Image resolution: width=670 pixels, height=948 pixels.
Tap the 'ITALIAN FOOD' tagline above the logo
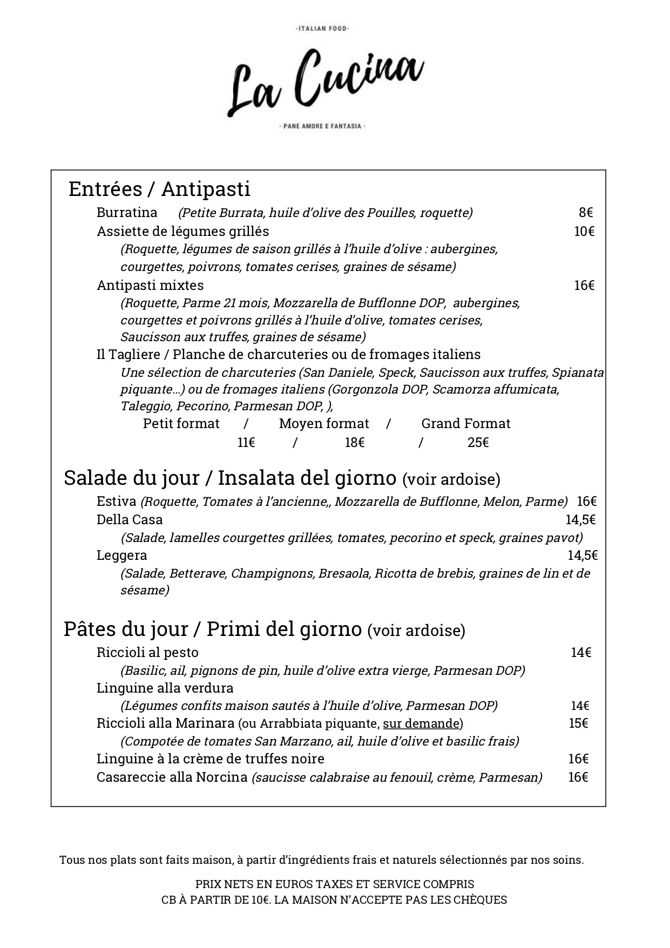pos(323,29)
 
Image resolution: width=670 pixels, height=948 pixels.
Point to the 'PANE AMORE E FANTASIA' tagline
pos(323,126)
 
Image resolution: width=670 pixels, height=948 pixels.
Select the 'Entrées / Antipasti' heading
pos(159,189)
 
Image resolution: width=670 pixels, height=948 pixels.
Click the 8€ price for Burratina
pos(586,213)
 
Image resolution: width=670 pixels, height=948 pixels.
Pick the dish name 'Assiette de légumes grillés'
pos(182,231)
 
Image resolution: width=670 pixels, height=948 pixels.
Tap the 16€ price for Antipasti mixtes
pos(584,285)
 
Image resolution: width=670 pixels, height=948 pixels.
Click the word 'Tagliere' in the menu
pos(137,355)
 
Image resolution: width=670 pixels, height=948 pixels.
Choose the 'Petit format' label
pos(181,423)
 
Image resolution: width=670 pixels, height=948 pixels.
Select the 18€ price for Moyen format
pos(355,443)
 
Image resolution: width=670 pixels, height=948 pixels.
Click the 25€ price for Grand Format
pos(478,443)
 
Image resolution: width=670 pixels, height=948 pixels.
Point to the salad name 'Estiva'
pos(116,502)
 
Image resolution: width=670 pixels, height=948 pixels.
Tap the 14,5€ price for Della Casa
pos(580,520)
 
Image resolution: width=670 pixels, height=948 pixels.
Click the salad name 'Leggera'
pos(121,556)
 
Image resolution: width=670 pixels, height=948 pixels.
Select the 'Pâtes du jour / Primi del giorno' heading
pos(212,629)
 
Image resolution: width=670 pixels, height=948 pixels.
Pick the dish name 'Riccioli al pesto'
pos(147,653)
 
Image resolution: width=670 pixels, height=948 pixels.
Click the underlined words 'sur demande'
pos(421,723)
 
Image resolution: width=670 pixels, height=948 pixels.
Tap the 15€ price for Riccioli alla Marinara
pos(578,723)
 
